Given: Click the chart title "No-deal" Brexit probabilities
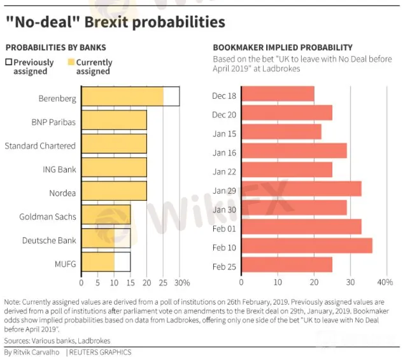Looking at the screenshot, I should (x=115, y=22).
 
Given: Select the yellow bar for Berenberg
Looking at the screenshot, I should (x=122, y=97).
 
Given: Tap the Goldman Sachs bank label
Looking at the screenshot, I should (x=49, y=217).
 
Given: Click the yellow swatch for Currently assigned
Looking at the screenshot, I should (x=70, y=62).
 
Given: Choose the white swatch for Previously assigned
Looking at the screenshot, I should (x=8, y=62).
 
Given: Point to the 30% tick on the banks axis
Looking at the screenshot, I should (x=181, y=282).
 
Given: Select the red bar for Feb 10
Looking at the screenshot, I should (x=307, y=245).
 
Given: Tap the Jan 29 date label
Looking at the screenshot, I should (x=223, y=191).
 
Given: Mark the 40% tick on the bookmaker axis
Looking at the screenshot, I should (x=385, y=282).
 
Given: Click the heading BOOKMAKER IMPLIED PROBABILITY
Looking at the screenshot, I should (x=282, y=48).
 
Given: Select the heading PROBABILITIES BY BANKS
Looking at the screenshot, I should (x=55, y=48).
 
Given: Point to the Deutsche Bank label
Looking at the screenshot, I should (x=49, y=240).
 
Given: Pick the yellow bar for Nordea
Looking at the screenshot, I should (x=114, y=192).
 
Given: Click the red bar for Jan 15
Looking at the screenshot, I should (x=281, y=133).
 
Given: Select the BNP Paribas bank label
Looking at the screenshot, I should (x=53, y=122).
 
